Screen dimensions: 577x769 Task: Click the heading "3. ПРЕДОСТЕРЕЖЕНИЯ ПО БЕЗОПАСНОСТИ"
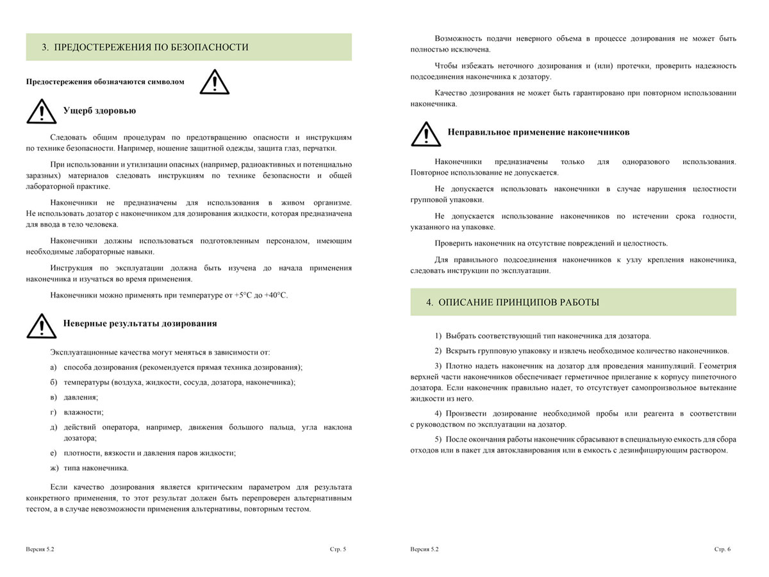[x=145, y=47]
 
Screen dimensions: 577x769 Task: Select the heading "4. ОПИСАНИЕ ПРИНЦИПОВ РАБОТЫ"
[x=513, y=303]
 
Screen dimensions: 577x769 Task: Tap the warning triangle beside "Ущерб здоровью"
[x=41, y=112]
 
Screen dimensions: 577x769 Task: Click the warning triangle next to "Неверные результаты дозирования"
[x=41, y=326]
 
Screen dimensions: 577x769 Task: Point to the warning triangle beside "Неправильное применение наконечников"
[x=426, y=133]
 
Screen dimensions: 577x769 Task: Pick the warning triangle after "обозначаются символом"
[x=214, y=82]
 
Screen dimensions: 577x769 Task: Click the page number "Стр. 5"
[x=338, y=549]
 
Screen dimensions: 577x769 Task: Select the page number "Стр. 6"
[x=722, y=549]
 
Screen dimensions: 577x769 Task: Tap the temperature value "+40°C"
[x=276, y=295]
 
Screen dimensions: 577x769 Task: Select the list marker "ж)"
[x=54, y=467]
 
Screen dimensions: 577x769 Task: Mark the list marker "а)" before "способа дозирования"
[x=54, y=367]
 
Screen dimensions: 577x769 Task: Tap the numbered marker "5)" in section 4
[x=438, y=439]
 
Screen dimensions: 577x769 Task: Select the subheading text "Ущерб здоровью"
[x=99, y=111]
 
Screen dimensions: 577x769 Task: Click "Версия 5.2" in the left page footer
[x=40, y=549]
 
